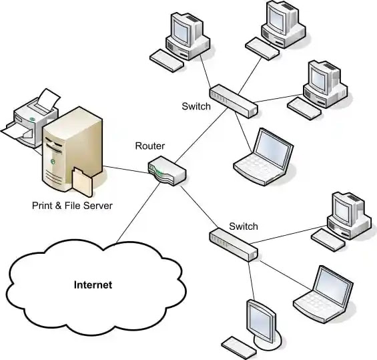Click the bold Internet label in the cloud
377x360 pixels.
(x=93, y=285)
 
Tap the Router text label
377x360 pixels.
(x=149, y=146)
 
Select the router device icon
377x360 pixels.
(x=167, y=170)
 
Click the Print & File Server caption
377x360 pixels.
(x=72, y=206)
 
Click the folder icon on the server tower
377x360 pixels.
(x=82, y=182)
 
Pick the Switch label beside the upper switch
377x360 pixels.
(x=196, y=106)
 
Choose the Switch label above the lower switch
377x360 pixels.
(x=244, y=226)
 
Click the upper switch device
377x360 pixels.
(x=234, y=101)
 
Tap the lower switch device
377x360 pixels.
(x=234, y=245)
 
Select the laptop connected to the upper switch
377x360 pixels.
(x=264, y=157)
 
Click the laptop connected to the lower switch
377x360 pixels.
(x=323, y=294)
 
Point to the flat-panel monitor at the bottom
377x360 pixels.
(x=264, y=325)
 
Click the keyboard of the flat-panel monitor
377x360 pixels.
(x=239, y=348)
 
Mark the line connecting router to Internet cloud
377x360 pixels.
(x=138, y=212)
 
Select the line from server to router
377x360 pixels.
(x=126, y=170)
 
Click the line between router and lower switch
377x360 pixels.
(x=200, y=206)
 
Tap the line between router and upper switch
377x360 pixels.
(x=201, y=135)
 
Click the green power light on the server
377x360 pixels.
(x=53, y=162)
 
